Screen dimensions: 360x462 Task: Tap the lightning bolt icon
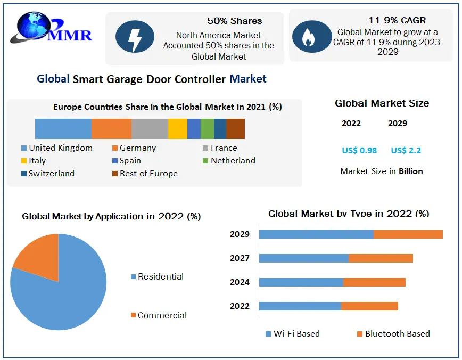[135, 38]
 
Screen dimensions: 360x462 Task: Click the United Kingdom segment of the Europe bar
[63, 129]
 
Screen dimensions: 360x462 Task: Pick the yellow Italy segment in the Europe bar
[177, 129]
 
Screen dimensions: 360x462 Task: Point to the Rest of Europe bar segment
[235, 129]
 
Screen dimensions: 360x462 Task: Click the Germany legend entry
[137, 148]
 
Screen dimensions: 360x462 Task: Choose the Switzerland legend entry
[51, 174]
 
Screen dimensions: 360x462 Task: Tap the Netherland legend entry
[233, 161]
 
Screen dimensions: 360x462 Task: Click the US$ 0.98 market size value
[359, 151]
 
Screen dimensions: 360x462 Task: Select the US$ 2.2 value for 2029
[406, 151]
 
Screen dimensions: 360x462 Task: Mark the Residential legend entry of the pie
[160, 277]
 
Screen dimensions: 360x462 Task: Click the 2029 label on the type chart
[240, 234]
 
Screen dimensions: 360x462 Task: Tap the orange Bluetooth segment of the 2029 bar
[408, 234]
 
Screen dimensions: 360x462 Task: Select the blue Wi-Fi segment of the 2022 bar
[300, 306]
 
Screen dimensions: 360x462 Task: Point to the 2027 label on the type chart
[240, 258]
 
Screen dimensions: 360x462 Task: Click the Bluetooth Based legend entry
[397, 334]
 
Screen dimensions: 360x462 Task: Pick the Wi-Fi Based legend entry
[296, 334]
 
